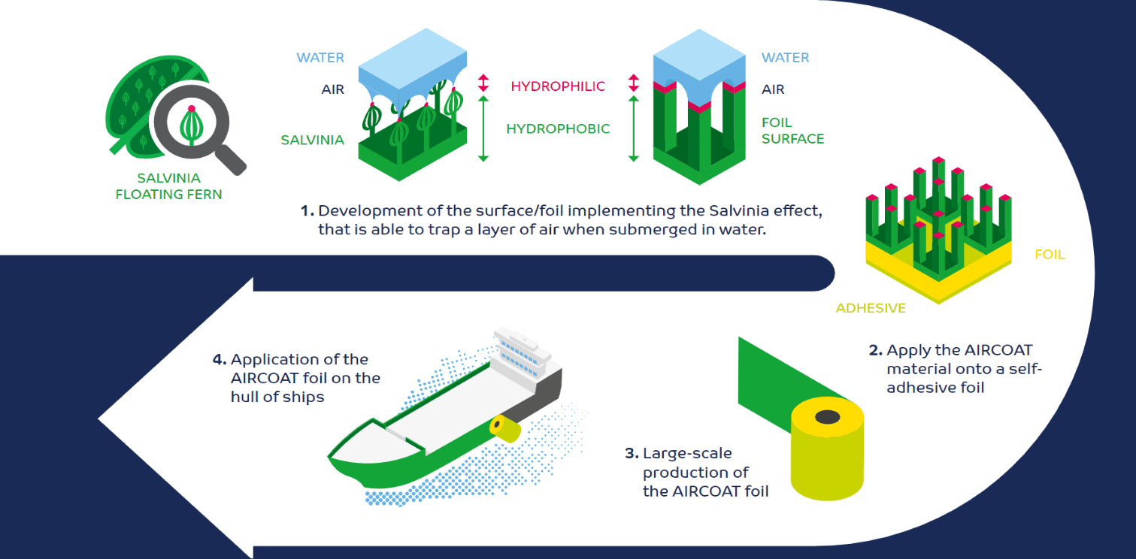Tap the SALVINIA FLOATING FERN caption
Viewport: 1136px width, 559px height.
[x=169, y=186]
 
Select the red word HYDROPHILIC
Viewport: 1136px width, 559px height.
[x=558, y=86]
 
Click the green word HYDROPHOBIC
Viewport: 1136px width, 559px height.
[x=558, y=128]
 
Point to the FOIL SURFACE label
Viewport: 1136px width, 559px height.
[x=792, y=131]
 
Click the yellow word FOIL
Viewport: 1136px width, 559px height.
[x=1050, y=255]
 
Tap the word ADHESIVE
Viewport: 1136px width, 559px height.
[x=871, y=308]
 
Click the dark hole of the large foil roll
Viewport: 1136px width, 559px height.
[x=827, y=416]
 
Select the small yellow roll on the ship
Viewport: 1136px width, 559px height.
[x=504, y=428]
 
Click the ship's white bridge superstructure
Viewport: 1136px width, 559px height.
[x=523, y=352]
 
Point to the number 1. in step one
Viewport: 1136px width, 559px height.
[x=307, y=211]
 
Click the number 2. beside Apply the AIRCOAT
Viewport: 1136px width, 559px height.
[x=876, y=350]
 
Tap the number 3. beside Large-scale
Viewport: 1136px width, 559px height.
[x=632, y=453]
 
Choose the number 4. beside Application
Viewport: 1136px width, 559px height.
[x=220, y=359]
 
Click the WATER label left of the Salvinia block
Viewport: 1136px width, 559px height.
[x=320, y=58]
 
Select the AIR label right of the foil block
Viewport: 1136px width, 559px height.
[x=773, y=89]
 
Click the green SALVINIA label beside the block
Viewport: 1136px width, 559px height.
[x=313, y=140]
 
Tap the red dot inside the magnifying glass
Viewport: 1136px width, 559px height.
[x=192, y=108]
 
